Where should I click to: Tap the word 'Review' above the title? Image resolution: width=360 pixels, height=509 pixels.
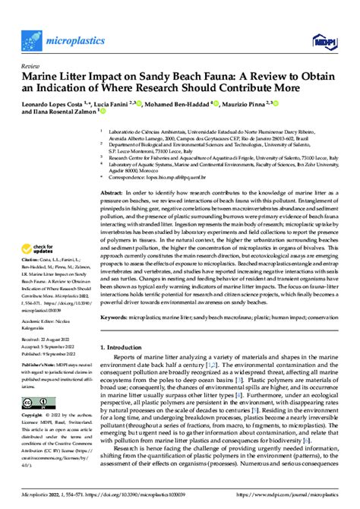[33, 67]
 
